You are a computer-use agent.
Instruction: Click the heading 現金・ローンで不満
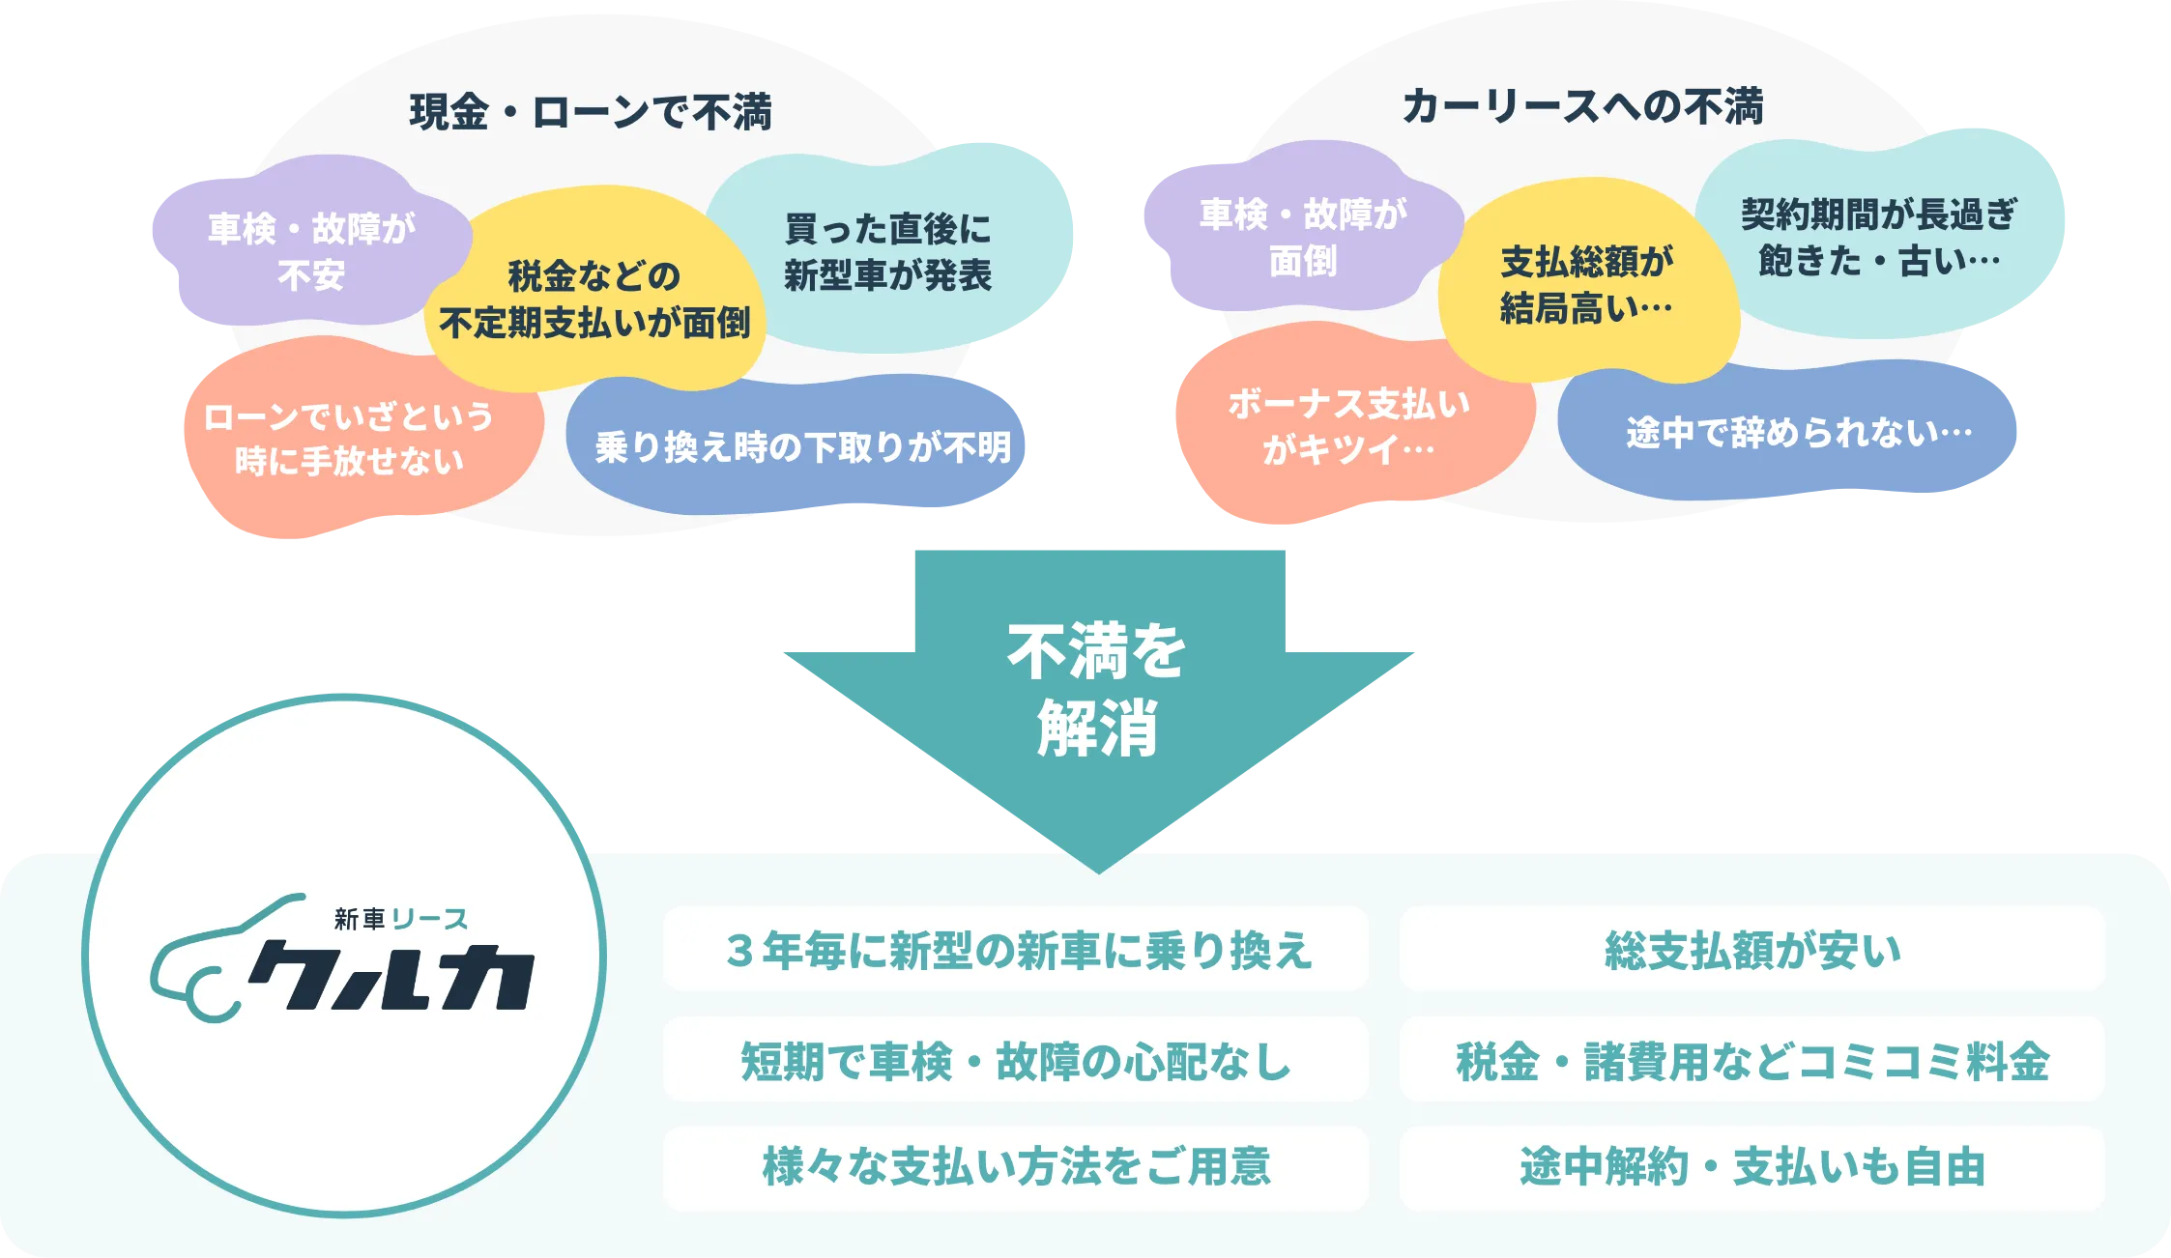[591, 112]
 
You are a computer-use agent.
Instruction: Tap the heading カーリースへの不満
[1583, 106]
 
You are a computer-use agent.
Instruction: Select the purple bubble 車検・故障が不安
[311, 251]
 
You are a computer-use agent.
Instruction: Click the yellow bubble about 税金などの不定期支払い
[593, 300]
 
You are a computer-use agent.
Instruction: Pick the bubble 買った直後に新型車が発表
[887, 252]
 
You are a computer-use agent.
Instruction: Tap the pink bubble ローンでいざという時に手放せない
[349, 439]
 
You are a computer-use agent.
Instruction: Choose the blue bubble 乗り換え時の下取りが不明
[802, 447]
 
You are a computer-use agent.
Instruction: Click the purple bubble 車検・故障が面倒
[1303, 237]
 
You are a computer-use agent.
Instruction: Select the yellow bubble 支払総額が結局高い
[1586, 285]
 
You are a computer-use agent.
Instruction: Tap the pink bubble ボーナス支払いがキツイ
[1348, 426]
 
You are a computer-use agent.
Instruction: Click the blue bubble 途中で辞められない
[1798, 433]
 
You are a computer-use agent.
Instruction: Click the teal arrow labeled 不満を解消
[1098, 690]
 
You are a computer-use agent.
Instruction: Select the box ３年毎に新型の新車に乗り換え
[1016, 950]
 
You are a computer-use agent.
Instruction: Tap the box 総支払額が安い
[1751, 950]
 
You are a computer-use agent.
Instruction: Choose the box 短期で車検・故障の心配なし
[1016, 1060]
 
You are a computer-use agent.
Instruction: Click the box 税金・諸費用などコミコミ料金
[1751, 1060]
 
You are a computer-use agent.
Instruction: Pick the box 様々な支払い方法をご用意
[1016, 1167]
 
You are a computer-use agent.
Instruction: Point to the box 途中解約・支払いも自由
[1751, 1167]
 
